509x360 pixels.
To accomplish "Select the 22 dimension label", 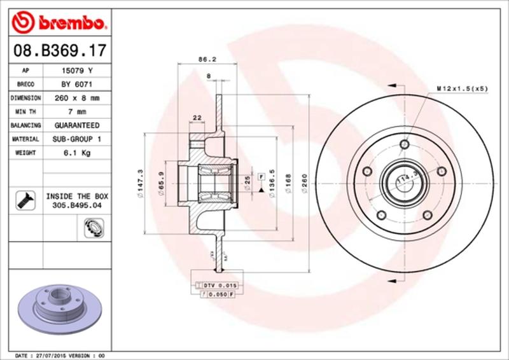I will pos(196,117).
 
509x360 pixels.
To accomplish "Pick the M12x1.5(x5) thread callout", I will pos(462,88).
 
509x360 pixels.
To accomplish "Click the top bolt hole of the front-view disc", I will pos(404,145).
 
